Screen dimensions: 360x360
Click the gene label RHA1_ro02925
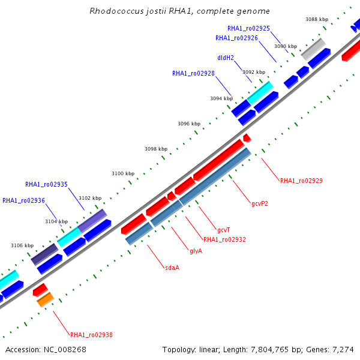[248, 28]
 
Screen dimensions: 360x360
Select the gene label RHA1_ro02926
[236, 38]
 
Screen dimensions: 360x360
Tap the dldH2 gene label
[226, 58]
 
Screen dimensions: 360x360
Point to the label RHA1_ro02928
[193, 73]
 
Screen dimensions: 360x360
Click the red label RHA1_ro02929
[301, 181]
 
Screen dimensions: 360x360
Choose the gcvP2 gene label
[260, 203]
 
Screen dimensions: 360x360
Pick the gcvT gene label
[224, 230]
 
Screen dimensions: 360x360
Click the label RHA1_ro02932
[224, 239]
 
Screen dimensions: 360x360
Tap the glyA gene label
[196, 251]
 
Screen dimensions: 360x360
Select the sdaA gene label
[172, 268]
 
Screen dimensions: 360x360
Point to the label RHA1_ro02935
[46, 184]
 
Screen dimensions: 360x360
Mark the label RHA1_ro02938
[91, 335]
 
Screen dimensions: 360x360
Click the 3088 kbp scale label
[317, 19]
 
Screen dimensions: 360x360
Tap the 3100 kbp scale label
[123, 173]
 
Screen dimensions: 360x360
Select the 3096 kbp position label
[189, 124]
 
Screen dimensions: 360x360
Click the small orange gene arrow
[46, 300]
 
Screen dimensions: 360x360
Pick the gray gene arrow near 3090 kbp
[313, 49]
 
